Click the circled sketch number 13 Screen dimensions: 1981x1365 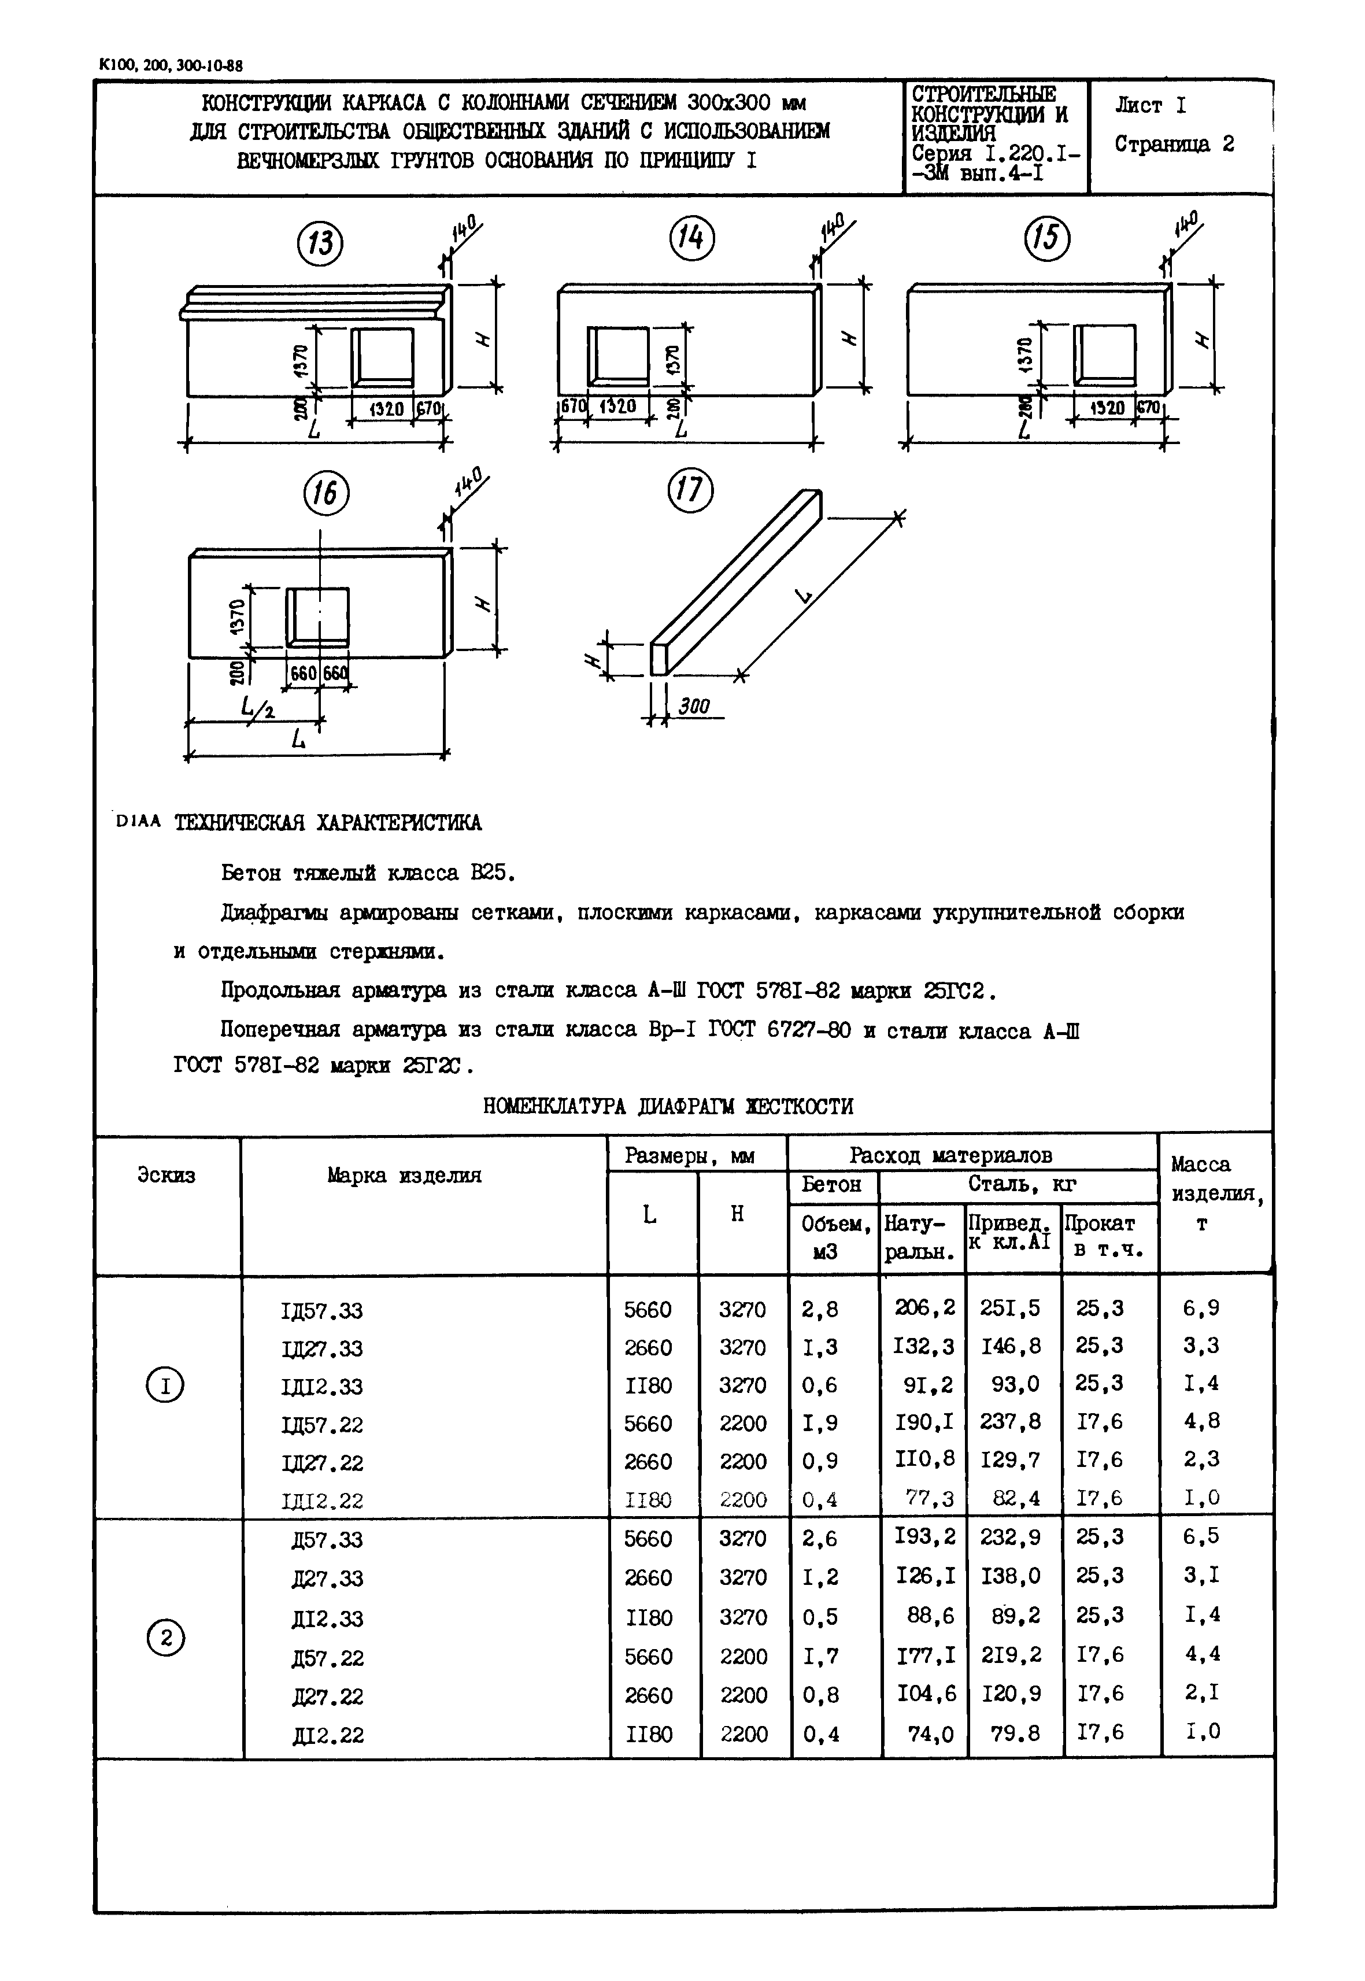[x=320, y=243]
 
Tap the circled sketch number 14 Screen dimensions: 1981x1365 [x=690, y=237]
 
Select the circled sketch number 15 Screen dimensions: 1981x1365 [x=1048, y=237]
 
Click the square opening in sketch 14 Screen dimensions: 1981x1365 [x=617, y=353]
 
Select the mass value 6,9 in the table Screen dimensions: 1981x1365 [x=1201, y=1308]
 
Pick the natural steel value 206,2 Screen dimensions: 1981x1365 [x=924, y=1308]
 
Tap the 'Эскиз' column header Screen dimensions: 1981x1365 [x=166, y=1176]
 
